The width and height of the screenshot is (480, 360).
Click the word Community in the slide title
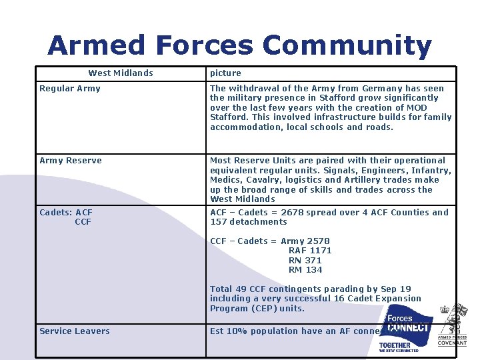point(347,45)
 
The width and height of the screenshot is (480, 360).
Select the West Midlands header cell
point(121,73)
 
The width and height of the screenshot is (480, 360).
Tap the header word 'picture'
point(225,73)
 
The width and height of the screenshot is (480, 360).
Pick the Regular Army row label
point(70,89)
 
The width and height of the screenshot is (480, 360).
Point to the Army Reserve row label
point(71,161)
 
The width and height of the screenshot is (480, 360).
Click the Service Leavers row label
point(75,331)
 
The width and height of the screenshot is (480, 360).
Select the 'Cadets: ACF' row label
point(66,213)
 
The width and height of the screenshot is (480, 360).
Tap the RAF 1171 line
point(310,251)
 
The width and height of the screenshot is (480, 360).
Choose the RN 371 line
point(305,261)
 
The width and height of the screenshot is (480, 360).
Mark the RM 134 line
point(305,270)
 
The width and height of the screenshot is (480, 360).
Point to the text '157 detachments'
point(249,222)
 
